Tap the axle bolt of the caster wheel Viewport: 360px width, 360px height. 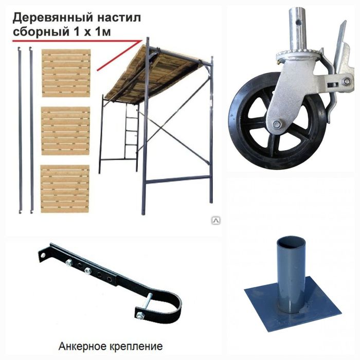(x=277, y=124)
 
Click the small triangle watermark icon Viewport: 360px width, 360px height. (x=216, y=220)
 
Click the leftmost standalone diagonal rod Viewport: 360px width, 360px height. (x=20, y=129)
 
